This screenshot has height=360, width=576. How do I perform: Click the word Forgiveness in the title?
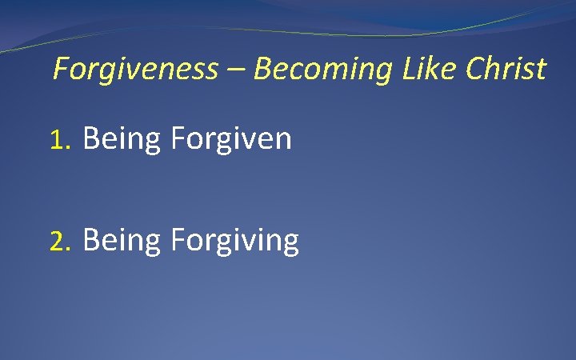click(x=134, y=70)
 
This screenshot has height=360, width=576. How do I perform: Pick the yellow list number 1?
click(x=60, y=141)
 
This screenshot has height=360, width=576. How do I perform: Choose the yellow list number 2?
click(x=60, y=240)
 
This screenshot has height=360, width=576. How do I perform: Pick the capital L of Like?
click(x=404, y=69)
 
